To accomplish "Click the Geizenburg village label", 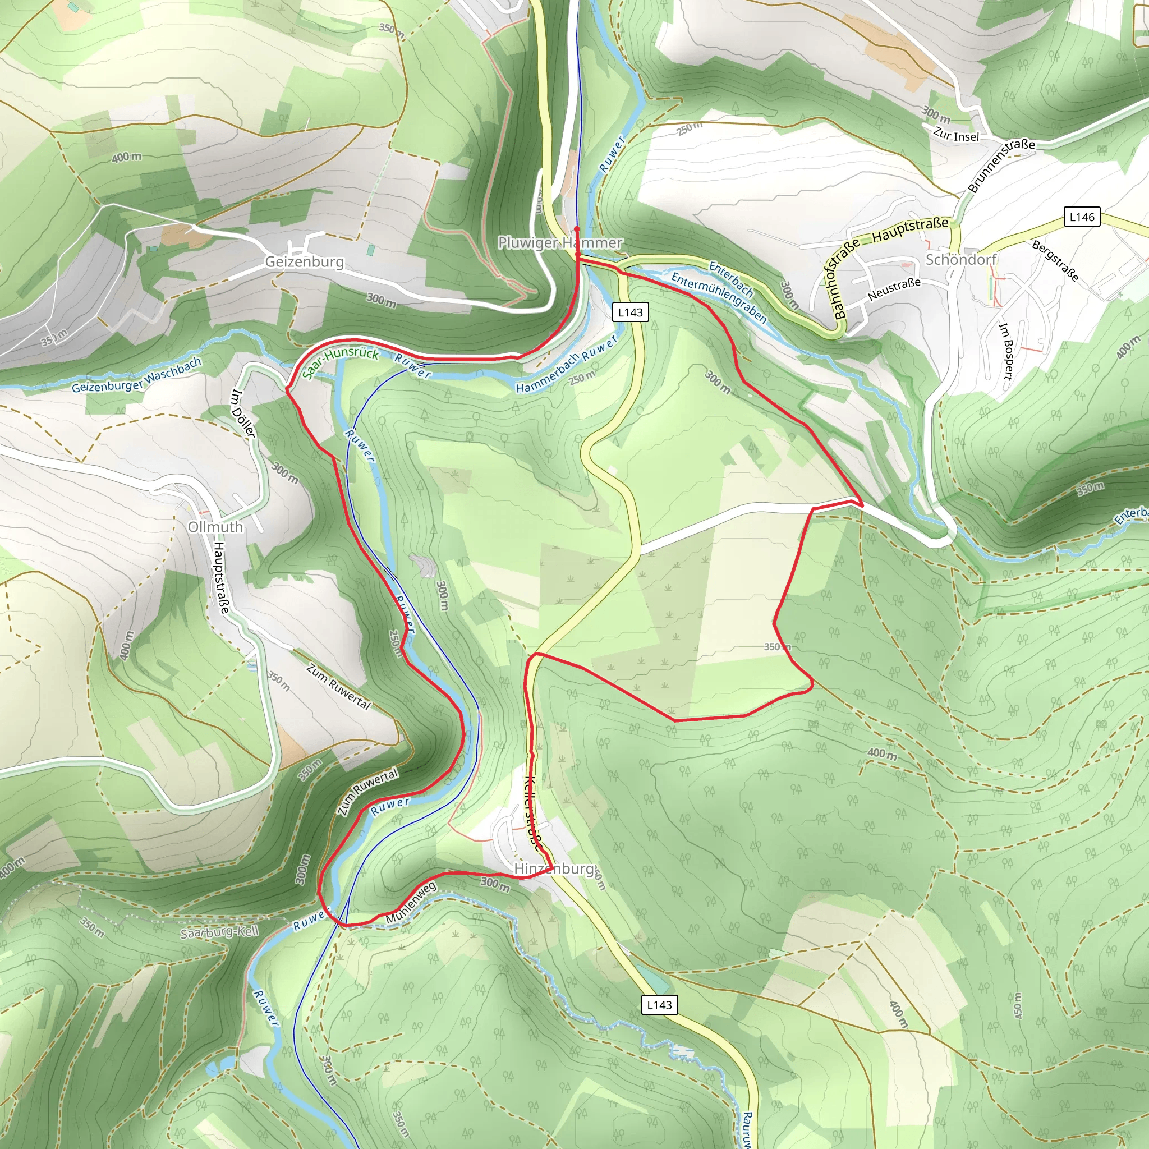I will tap(304, 261).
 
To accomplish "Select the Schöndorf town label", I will tap(960, 259).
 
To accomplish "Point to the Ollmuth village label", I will tap(215, 527).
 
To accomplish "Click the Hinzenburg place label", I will tap(554, 869).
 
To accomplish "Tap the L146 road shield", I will tap(1082, 217).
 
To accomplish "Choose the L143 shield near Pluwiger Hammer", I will tap(631, 312).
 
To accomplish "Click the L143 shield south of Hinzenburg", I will tap(660, 1005).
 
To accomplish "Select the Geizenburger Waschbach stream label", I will tap(137, 376).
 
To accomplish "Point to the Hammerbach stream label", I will tap(547, 374).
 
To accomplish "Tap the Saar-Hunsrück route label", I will tap(340, 363).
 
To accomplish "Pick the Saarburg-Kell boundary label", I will tap(219, 932).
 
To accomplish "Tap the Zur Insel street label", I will tap(955, 135).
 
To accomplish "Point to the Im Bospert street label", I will tap(1005, 351).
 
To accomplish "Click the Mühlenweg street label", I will tap(411, 903).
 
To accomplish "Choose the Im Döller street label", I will tap(242, 413).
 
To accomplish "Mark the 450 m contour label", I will tap(1018, 1004).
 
